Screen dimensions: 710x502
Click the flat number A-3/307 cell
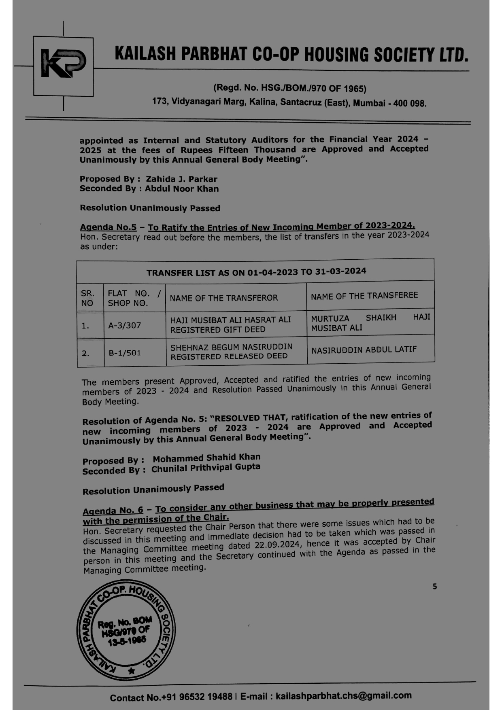click(x=125, y=325)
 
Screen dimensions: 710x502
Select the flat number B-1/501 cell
click(x=125, y=353)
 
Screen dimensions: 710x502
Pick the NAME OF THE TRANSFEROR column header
click(x=224, y=298)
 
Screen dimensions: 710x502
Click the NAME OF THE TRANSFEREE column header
click(x=364, y=296)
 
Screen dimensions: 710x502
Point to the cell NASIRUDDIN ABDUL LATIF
click(x=364, y=350)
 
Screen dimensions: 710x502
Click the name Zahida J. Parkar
click(x=181, y=179)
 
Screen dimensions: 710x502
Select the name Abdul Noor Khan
click(x=182, y=189)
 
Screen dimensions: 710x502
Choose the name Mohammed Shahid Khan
click(x=206, y=458)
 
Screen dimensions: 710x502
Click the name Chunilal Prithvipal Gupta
click(x=206, y=468)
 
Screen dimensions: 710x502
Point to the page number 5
click(x=435, y=586)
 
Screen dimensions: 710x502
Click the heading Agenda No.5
click(x=108, y=227)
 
